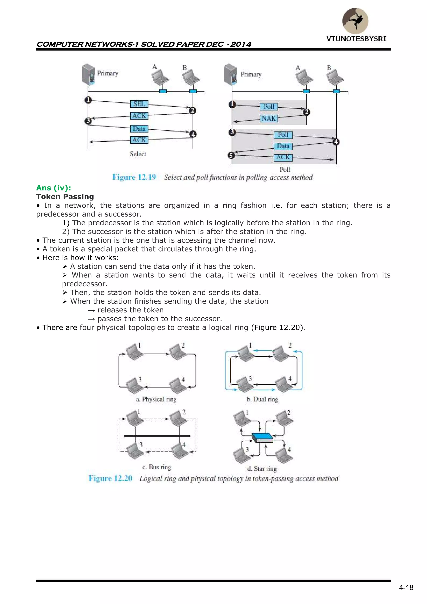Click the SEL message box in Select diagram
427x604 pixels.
[x=139, y=104]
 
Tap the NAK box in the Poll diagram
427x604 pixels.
[x=269, y=118]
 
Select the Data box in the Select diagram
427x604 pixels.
[x=139, y=129]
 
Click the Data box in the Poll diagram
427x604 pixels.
[x=283, y=146]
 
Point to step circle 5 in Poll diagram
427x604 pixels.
[x=231, y=155]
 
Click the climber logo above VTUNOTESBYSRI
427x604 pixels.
[x=355, y=21]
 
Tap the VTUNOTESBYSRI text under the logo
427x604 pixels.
[x=356, y=39]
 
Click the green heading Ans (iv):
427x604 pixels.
[x=54, y=188]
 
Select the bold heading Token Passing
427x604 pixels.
[x=65, y=197]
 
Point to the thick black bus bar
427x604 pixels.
[x=157, y=436]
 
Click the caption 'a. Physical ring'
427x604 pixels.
[x=156, y=399]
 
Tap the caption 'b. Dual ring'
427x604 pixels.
[x=262, y=399]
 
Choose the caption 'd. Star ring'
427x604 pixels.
[x=262, y=469]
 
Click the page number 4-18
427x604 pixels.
[x=406, y=588]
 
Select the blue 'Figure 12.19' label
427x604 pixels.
[x=134, y=177]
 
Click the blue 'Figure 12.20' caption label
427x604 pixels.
[x=111, y=478]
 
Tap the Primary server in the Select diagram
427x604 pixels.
[x=88, y=74]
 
